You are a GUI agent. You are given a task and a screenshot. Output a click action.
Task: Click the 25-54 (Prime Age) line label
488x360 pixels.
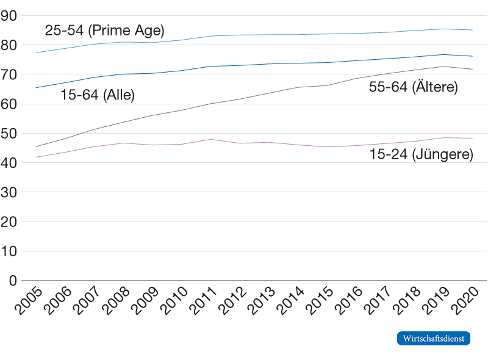pos(104,31)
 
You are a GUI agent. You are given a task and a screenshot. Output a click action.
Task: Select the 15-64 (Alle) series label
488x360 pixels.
pos(98,95)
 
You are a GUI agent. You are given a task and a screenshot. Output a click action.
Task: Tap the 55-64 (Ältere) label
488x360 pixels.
pos(414,86)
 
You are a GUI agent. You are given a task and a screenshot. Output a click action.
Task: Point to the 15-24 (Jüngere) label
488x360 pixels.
pos(421,154)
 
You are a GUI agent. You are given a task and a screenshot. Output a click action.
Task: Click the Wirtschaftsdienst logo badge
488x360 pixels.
pos(434,338)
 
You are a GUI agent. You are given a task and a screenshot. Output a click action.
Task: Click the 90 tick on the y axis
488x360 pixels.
pos(9,16)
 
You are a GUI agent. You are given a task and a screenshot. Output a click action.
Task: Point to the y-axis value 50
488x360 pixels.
pos(9,134)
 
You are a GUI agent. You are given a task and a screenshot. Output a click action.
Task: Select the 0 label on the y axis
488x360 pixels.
pos(13,281)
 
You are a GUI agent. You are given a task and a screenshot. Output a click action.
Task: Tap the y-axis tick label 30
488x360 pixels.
pos(9,192)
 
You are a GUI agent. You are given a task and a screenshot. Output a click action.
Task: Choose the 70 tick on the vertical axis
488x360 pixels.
pos(9,74)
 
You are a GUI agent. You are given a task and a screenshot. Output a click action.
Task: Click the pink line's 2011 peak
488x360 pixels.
pos(210,139)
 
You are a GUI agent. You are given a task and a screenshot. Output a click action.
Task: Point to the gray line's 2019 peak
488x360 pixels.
pos(443,67)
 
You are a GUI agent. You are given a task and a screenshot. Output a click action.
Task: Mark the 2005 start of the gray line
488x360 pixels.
pos(36,146)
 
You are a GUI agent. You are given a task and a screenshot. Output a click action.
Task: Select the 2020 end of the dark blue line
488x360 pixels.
pos(472,56)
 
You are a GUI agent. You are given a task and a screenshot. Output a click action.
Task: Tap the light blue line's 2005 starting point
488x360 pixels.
pos(36,52)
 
